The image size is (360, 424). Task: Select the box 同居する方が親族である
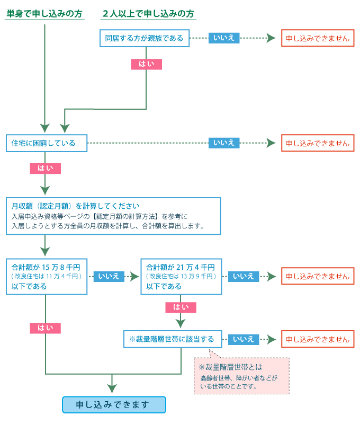tap(145, 38)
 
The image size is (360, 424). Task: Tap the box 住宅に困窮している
tap(47, 143)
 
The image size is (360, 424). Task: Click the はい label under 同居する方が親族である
tap(146, 64)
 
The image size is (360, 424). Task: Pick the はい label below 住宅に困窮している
tap(45, 169)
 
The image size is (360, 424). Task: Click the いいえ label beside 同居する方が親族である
tap(224, 38)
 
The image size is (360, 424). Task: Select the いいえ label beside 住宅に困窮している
tap(224, 143)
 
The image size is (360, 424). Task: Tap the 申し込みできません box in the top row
tap(318, 38)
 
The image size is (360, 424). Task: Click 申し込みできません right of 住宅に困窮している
tap(318, 143)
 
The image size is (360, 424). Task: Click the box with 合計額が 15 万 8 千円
tap(47, 277)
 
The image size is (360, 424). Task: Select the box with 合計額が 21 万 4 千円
tap(181, 277)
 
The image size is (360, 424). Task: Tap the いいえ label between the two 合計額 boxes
tap(109, 276)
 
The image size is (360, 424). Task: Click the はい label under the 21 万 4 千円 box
tap(181, 307)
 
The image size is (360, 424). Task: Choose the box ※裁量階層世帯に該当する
tap(172, 339)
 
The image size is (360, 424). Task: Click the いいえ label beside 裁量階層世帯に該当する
tap(244, 339)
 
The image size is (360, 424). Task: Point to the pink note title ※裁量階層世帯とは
tap(230, 367)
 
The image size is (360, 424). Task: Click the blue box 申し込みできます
tap(114, 405)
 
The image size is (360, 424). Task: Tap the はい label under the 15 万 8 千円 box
tap(45, 328)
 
